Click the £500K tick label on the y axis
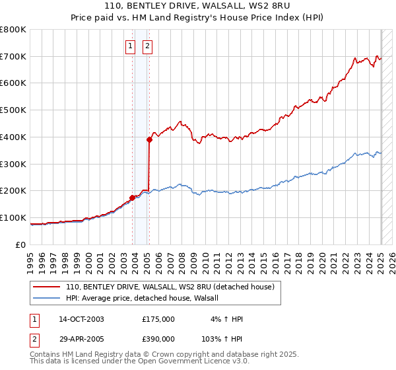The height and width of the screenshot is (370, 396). click(x=13, y=110)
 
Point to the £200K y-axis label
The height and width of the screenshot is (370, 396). click(x=13, y=191)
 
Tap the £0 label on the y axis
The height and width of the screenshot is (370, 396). click(x=22, y=244)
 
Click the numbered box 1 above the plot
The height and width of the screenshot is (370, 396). click(x=130, y=46)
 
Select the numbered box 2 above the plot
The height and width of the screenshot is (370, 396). click(x=147, y=46)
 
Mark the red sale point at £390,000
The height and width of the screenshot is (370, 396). click(x=150, y=139)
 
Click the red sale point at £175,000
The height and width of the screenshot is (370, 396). click(x=132, y=197)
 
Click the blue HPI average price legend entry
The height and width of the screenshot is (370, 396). click(x=146, y=299)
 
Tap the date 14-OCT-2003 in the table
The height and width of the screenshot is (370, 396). click(x=81, y=319)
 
